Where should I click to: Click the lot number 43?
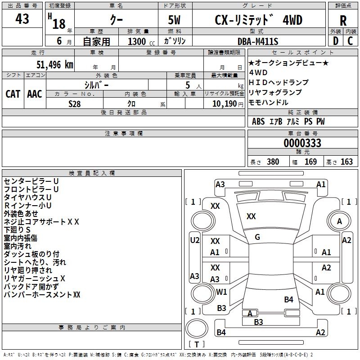(x=22, y=19)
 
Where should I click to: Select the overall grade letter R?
(x=343, y=20)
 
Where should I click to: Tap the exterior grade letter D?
(x=335, y=40)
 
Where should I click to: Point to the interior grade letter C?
(x=350, y=40)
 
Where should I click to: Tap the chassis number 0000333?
(x=302, y=143)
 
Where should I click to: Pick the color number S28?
(x=74, y=104)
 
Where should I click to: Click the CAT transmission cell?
(x=13, y=94)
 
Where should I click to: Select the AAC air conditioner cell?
(x=34, y=94)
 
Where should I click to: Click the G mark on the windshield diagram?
(x=257, y=237)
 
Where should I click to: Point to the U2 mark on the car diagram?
(x=194, y=240)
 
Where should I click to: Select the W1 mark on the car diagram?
(x=221, y=292)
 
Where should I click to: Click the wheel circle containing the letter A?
(x=339, y=221)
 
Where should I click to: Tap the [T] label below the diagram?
(x=196, y=345)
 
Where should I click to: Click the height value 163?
(x=346, y=162)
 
